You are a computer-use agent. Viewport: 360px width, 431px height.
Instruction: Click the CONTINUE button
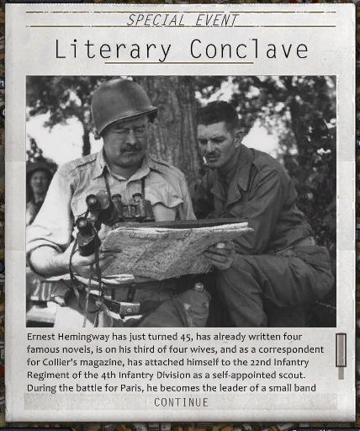(x=181, y=402)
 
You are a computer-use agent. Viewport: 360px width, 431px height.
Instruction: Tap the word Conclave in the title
(x=248, y=50)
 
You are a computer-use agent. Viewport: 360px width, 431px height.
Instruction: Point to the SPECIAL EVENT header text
(x=182, y=20)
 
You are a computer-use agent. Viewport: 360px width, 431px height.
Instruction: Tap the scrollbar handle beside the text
(x=341, y=349)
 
